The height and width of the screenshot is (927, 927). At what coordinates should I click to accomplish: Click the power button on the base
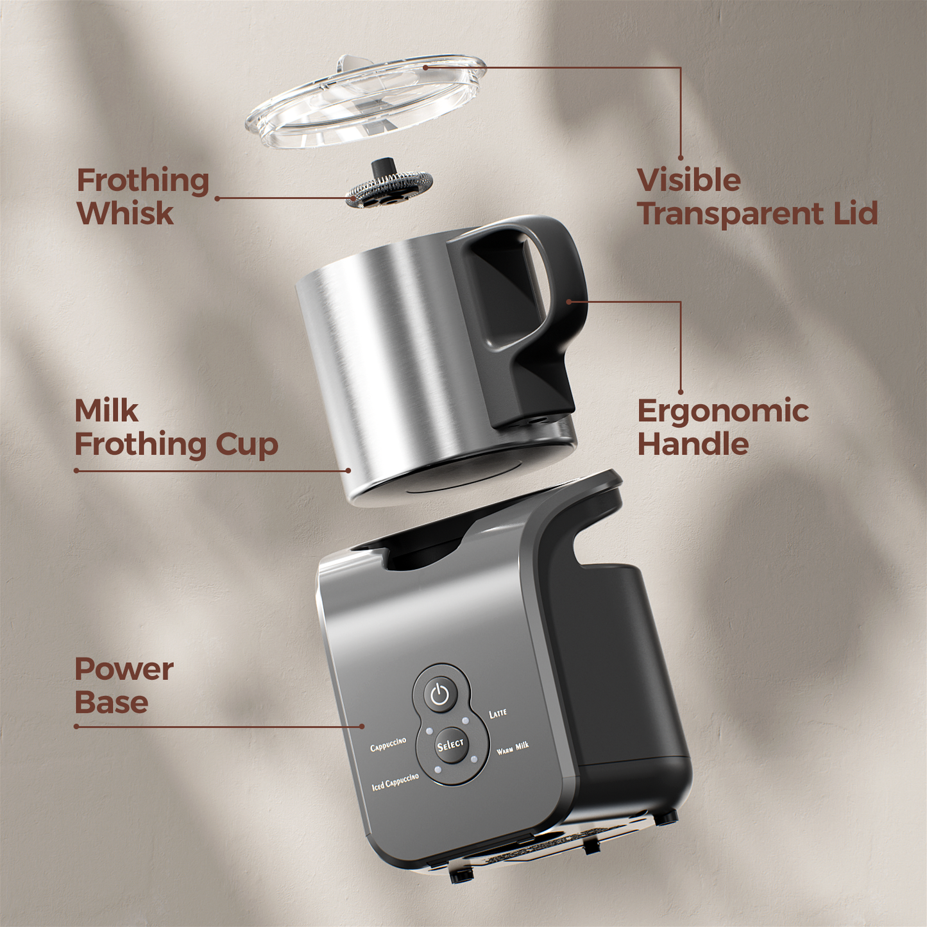pyautogui.click(x=439, y=695)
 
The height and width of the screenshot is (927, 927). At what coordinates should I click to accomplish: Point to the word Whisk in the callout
pyautogui.click(x=125, y=214)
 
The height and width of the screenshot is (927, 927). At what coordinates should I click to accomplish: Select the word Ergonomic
pyautogui.click(x=723, y=412)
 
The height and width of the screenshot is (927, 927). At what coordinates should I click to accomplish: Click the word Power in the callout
pyautogui.click(x=124, y=668)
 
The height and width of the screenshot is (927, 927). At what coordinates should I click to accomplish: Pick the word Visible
pyautogui.click(x=689, y=180)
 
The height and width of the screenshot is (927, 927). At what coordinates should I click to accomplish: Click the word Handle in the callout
pyautogui.click(x=693, y=443)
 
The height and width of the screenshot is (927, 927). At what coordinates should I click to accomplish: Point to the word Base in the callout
pyautogui.click(x=112, y=702)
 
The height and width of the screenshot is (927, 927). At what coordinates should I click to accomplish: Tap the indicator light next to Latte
pyautogui.click(x=466, y=720)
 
